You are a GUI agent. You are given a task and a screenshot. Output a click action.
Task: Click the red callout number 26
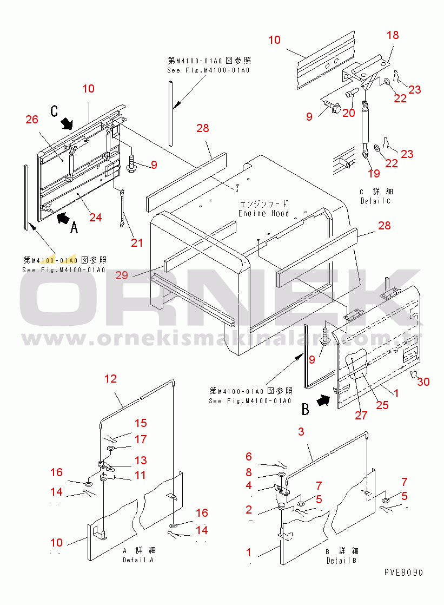point(32,119)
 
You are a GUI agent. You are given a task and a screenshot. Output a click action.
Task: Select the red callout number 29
point(122,275)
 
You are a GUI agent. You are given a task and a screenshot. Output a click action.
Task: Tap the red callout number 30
point(423,382)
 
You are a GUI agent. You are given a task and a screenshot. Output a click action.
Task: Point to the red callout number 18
point(393,35)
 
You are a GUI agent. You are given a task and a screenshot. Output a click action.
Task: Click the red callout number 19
point(374,174)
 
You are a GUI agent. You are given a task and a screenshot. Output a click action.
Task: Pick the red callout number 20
point(349,112)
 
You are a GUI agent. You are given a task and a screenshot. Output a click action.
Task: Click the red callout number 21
point(137,243)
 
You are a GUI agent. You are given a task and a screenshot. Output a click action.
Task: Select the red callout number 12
point(110,379)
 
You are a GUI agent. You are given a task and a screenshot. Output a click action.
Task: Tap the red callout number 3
point(301,431)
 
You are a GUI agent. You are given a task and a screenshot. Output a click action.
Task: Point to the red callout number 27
point(361,415)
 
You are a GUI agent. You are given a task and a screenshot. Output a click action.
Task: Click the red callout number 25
point(382,404)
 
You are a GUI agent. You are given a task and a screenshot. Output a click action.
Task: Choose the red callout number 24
point(95,218)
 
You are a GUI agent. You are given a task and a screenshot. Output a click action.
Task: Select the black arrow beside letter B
point(323,401)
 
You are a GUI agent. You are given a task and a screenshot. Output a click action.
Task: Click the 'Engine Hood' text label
point(264,209)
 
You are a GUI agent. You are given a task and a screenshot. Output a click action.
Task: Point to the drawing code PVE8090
point(403,572)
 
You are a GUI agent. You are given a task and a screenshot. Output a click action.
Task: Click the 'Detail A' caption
point(137,555)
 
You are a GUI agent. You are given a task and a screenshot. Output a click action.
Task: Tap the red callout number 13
point(141,461)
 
